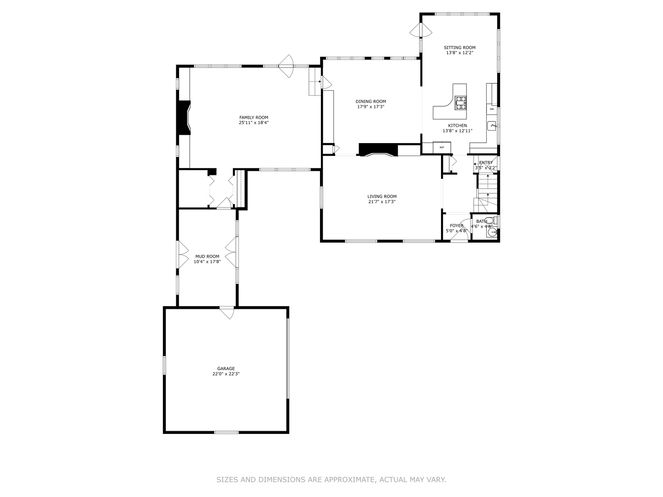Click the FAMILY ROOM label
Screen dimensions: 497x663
(x=253, y=117)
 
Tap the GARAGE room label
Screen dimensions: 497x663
(x=226, y=369)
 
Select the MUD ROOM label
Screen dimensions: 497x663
(x=207, y=256)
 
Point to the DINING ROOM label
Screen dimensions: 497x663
(x=371, y=101)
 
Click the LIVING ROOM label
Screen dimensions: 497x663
(x=382, y=196)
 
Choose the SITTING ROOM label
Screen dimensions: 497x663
(x=459, y=47)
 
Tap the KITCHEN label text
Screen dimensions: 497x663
(x=458, y=126)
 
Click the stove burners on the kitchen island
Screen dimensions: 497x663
(x=460, y=103)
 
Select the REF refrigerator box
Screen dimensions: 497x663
(x=442, y=147)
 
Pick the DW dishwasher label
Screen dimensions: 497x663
(x=492, y=109)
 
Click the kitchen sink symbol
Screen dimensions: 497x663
(x=492, y=125)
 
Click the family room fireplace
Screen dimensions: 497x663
(x=184, y=118)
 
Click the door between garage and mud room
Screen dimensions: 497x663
(x=227, y=312)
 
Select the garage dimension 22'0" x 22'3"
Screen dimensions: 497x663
(x=226, y=374)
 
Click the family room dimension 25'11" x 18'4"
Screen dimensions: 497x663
(x=253, y=123)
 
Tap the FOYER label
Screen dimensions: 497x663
(x=457, y=225)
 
